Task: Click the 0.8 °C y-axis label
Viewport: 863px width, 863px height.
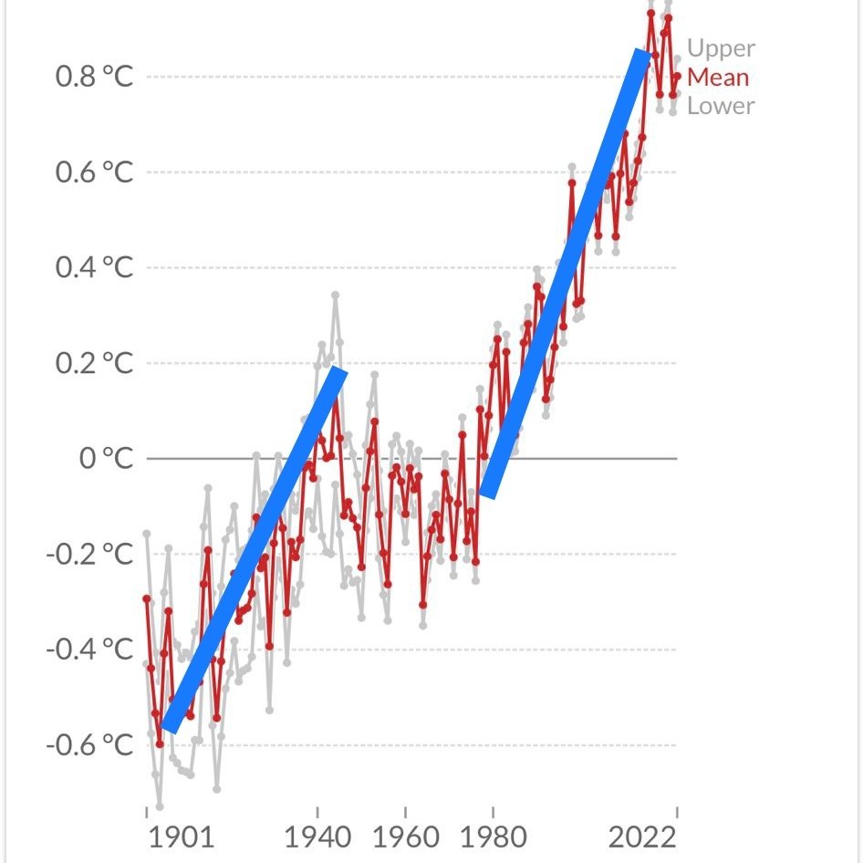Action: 95,77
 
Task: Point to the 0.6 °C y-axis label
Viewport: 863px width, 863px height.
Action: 95,172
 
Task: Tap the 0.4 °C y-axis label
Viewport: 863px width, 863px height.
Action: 95,268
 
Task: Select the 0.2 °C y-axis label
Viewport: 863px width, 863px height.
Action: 95,364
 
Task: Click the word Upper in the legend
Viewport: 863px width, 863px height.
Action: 721,48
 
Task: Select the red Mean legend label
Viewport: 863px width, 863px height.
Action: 718,77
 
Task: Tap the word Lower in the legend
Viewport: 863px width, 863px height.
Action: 721,106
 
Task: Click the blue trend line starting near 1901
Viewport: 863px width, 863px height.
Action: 253,549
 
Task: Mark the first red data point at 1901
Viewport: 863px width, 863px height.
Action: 146,598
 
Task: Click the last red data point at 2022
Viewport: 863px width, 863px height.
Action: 677,77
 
